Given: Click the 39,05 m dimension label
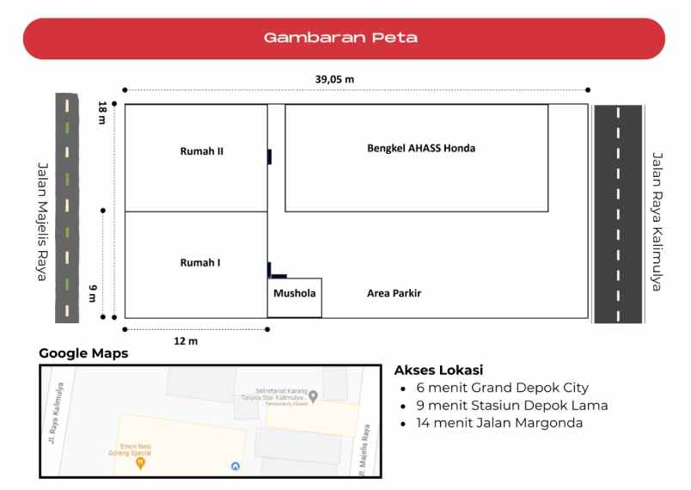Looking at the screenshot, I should (x=334, y=79).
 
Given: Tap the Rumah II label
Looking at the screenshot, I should (x=202, y=151).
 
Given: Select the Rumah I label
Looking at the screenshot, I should (x=200, y=262).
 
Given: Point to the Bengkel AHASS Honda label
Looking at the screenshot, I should (x=420, y=148).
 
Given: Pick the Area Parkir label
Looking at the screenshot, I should (x=394, y=293).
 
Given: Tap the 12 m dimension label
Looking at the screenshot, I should (x=186, y=341).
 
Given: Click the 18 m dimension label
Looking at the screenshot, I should (x=102, y=113).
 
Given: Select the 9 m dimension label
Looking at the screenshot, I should (x=92, y=293).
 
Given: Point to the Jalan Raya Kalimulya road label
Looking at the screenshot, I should (x=657, y=221).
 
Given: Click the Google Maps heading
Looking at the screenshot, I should (x=83, y=353).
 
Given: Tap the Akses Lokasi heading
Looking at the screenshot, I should (x=438, y=371).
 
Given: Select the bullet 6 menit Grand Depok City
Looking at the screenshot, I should (x=502, y=388).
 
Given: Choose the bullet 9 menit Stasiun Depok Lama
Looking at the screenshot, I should (x=511, y=405).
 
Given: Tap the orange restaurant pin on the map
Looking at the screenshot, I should (x=141, y=462).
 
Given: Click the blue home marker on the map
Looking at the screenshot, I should (x=236, y=466).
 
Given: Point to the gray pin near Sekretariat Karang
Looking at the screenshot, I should (x=314, y=396).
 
